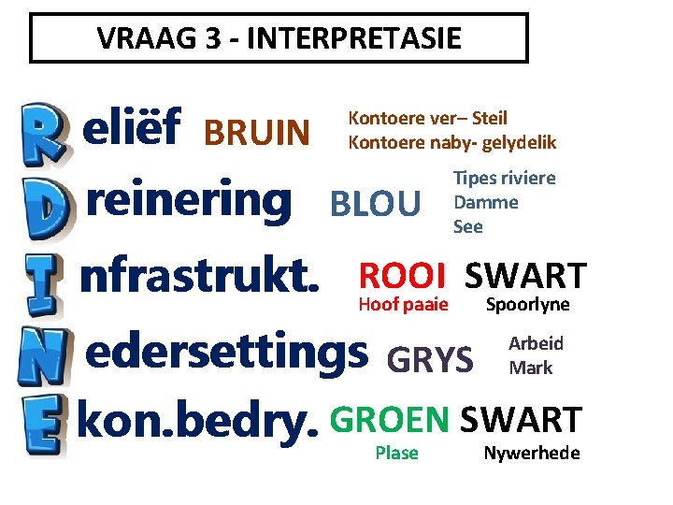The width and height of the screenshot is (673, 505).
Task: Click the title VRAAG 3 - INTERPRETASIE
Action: coord(279,38)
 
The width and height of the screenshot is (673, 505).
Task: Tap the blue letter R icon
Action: coord(42,130)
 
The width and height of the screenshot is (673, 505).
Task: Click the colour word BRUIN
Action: coord(257,134)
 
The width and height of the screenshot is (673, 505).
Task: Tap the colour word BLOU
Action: coord(376,203)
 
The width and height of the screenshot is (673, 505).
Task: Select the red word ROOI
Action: coord(403,276)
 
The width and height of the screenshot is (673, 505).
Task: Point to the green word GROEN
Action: coord(391,421)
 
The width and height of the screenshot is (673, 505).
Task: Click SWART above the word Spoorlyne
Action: coord(525,276)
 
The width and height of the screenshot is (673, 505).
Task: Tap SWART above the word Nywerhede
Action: coord(522,421)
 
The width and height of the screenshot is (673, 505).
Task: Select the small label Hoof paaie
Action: coord(403,304)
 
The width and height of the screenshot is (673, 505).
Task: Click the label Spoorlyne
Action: coord(527,305)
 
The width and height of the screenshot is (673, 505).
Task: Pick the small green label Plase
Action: coord(396,454)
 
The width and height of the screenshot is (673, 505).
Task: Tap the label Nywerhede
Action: coord(531,454)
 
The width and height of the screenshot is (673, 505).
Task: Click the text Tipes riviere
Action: coord(504,178)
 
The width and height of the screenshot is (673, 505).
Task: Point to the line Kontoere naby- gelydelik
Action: coord(451,142)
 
